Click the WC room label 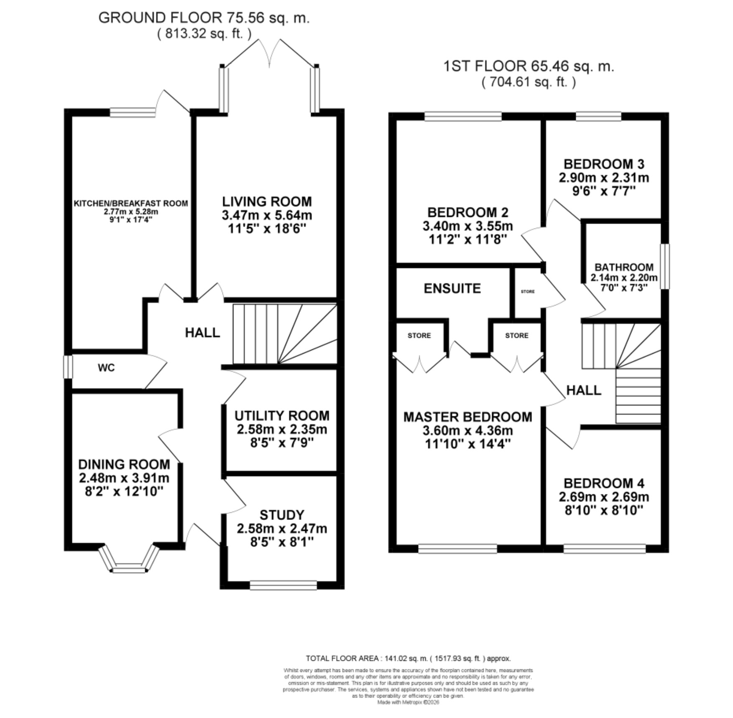click(106, 368)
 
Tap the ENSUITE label click(452, 288)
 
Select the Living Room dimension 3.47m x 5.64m click(267, 216)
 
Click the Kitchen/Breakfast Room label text click(131, 204)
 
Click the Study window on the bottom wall click(283, 585)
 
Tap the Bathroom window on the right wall click(665, 266)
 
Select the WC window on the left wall click(68, 367)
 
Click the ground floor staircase click(285, 334)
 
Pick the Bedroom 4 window click(604, 548)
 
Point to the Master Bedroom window click(458, 548)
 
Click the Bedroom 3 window click(598, 116)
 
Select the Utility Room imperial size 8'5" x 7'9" click(282, 443)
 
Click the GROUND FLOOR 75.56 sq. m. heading click(204, 18)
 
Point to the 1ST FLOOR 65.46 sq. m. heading click(529, 66)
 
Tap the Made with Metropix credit click(408, 703)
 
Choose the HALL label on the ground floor click(202, 333)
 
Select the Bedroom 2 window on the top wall click(463, 116)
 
